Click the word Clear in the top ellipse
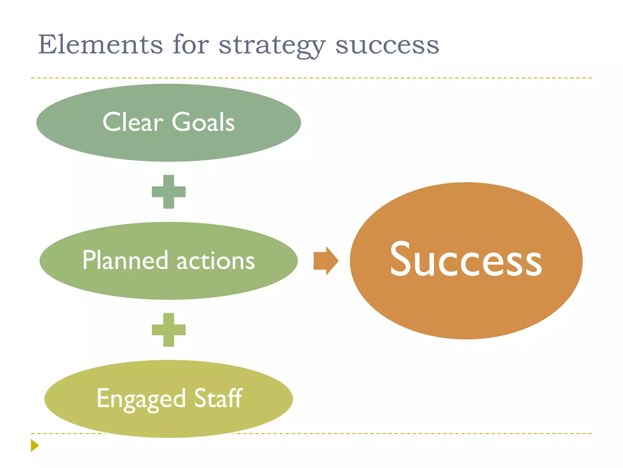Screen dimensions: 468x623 (133, 122)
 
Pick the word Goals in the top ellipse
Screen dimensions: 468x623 (203, 122)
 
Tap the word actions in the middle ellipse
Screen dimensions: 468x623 (216, 261)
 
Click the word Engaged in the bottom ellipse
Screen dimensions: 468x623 (141, 399)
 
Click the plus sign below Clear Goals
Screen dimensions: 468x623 (169, 192)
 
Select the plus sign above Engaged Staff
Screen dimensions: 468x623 (169, 330)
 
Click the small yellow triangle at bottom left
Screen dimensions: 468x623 (34, 445)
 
